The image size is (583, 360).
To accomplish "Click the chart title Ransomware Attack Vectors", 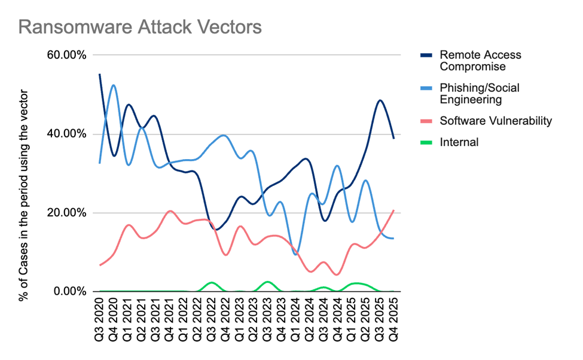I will (x=140, y=27).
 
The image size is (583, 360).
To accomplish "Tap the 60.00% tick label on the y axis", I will (x=66, y=55).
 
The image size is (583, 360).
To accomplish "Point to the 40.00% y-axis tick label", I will (x=66, y=134).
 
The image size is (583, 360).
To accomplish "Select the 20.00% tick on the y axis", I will (x=66, y=213).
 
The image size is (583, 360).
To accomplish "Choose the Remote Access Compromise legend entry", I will (x=480, y=60).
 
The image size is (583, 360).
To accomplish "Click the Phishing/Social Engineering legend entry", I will (x=479, y=93).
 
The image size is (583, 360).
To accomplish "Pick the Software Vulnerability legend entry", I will (x=495, y=121).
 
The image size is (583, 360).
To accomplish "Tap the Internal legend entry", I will (x=459, y=142).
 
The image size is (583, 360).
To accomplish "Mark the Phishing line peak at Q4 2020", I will (x=114, y=85).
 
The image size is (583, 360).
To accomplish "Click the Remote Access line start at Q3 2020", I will (x=100, y=74).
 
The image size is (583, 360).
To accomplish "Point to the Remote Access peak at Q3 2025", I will (x=380, y=100).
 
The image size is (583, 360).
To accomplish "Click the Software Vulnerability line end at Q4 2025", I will (x=394, y=210).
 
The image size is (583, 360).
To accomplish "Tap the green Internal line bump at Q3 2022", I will (x=211, y=282).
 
